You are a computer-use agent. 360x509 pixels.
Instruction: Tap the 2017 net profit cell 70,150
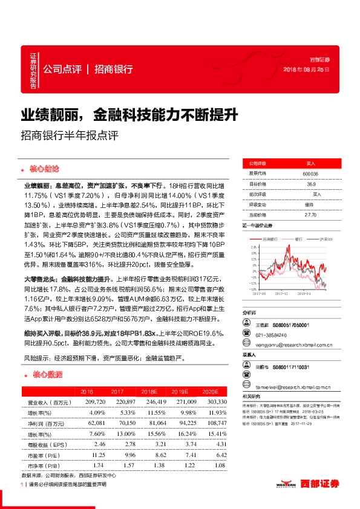(122, 423)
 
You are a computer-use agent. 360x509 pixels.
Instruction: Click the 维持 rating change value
(310, 204)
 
